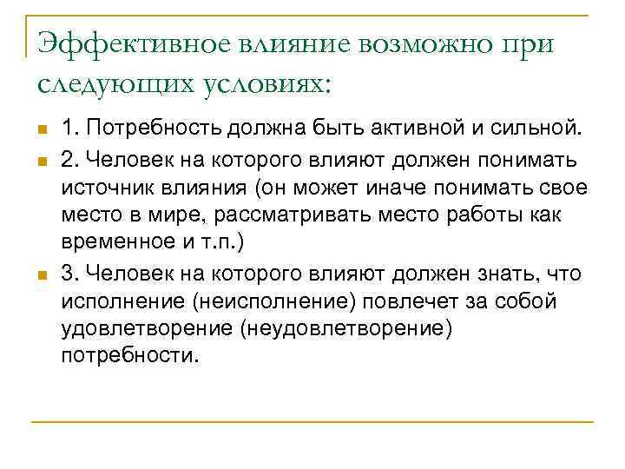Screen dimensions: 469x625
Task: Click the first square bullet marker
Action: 42,132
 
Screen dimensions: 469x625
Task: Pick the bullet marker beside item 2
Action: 42,161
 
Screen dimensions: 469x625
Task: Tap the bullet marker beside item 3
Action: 42,276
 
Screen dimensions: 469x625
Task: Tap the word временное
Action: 112,245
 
